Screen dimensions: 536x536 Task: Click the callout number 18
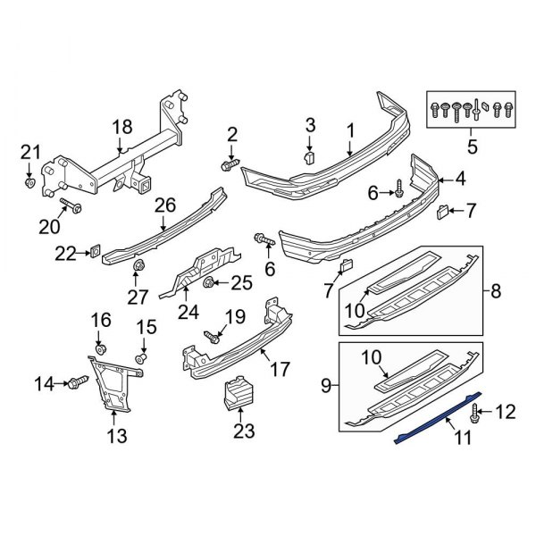click(121, 128)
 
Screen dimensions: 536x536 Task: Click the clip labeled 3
click(308, 157)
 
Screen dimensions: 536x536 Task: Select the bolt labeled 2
click(228, 165)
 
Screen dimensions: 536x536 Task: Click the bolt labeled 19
click(213, 338)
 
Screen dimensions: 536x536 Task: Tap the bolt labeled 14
click(78, 384)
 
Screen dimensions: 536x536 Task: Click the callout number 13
click(117, 436)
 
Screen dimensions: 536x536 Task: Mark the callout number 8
click(496, 289)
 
